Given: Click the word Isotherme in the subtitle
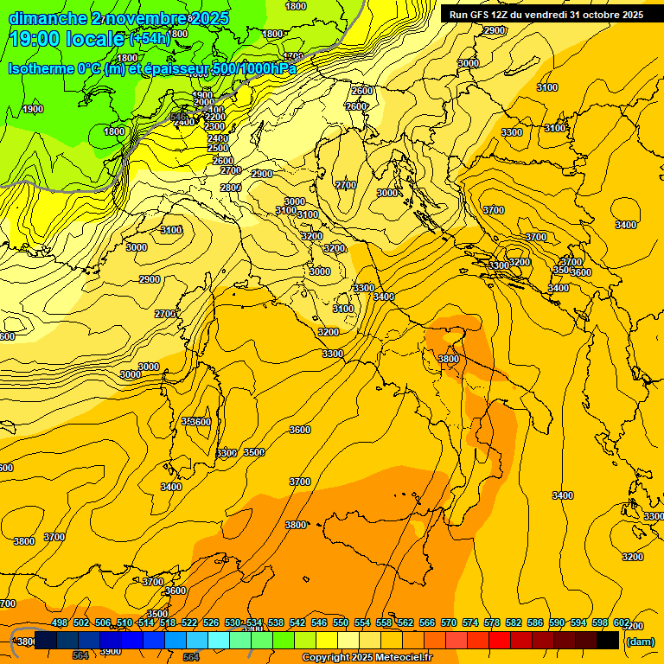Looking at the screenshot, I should point(40,69).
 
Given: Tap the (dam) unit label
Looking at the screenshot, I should point(640,641).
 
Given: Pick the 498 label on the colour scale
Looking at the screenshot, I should point(60,622).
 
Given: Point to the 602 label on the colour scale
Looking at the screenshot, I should point(622,622).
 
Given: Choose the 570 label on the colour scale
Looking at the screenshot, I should point(449,622).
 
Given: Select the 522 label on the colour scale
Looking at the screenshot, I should point(189,622).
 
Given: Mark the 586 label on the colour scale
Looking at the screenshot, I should point(535,622).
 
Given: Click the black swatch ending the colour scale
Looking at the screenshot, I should point(609,641).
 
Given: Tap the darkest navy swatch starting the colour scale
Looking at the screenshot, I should point(46,641).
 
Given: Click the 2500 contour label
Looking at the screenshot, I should point(219,149).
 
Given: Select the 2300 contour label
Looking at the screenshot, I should point(215,127).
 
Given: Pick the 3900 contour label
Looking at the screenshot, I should point(111,651).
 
